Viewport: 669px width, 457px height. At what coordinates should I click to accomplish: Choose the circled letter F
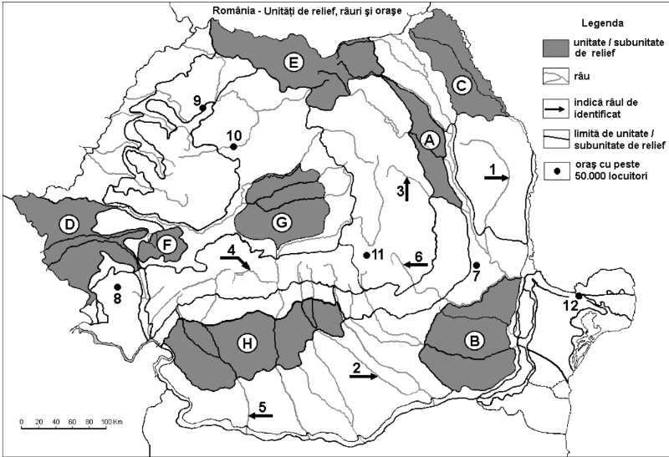tap(165, 246)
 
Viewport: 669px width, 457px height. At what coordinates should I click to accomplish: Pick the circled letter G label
tap(282, 222)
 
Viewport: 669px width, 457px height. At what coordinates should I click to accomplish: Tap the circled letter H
tap(245, 342)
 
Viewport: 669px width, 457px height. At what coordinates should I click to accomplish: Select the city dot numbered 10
tap(233, 147)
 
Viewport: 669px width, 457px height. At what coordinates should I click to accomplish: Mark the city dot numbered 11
tap(366, 255)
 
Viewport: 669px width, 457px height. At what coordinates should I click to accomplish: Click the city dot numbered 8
tap(118, 287)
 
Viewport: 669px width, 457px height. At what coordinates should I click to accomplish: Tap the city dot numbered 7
tap(476, 266)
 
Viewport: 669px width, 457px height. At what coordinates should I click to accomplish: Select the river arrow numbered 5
tap(260, 414)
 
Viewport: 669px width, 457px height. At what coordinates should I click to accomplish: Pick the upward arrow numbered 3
tap(407, 185)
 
